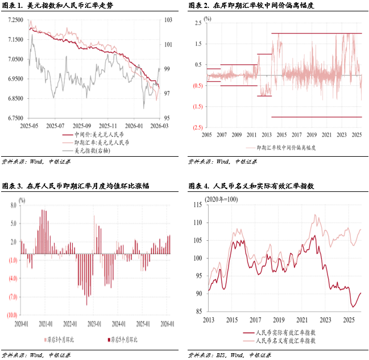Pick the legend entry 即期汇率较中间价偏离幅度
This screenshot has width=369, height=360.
(x=287, y=148)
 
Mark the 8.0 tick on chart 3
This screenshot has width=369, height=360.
(x=14, y=206)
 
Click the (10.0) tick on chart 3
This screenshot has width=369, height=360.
(x=11, y=315)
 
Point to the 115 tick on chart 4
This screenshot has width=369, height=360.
(x=197, y=205)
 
